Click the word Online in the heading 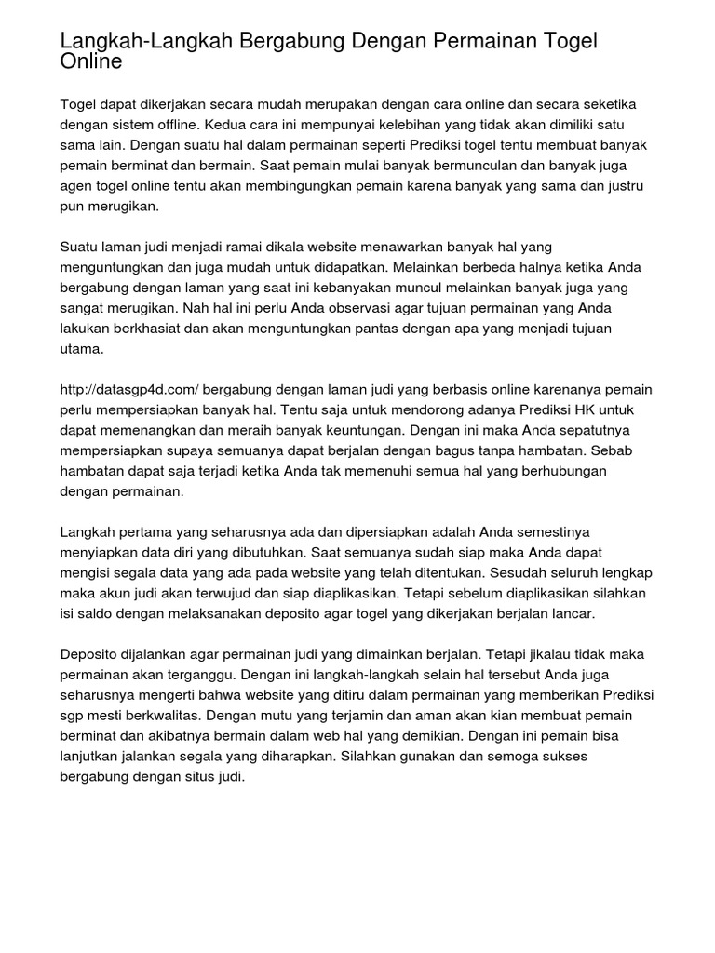tap(90, 63)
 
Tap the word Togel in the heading tap(564, 42)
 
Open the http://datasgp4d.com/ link tap(128, 390)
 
